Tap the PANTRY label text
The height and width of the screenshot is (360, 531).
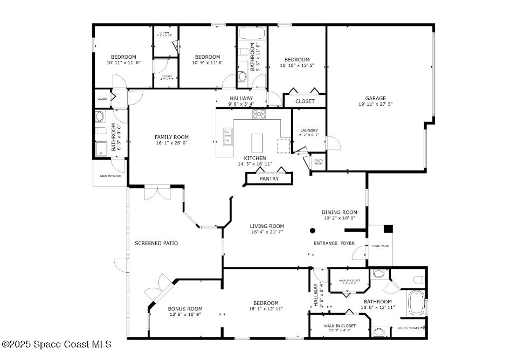click(269, 179)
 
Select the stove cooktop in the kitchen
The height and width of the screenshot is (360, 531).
click(259, 114)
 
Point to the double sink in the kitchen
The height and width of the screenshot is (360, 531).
click(227, 137)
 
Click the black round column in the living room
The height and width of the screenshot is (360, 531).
click(312, 231)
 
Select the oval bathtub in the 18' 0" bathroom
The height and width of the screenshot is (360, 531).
click(416, 303)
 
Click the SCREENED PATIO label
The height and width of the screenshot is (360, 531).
click(156, 244)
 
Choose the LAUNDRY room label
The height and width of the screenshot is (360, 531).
click(309, 130)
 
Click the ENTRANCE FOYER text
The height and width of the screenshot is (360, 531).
click(334, 244)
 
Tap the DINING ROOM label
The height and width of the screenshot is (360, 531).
click(340, 212)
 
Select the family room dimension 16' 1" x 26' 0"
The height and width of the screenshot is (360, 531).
click(171, 143)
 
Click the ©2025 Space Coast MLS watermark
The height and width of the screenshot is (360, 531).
click(56, 344)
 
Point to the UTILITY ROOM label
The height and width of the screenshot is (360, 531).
click(318, 162)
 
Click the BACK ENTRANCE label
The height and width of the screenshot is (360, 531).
click(110, 176)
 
